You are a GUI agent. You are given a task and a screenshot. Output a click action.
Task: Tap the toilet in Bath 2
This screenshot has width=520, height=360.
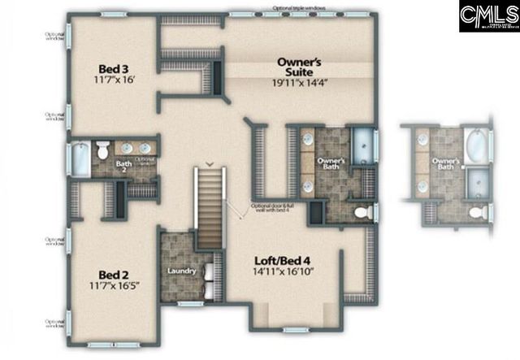[103, 151]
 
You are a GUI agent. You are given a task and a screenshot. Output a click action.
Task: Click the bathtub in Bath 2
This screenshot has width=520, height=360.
[81, 158]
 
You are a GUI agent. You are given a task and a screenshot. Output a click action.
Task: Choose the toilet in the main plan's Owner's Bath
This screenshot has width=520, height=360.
[363, 212]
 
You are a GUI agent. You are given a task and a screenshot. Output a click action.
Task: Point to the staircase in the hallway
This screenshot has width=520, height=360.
[209, 203]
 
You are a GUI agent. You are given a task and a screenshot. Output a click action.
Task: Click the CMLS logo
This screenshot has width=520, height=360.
[487, 17]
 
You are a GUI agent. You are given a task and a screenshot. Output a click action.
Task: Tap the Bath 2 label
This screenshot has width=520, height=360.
[124, 166]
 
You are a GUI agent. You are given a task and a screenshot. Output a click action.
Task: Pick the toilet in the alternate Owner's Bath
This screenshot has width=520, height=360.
[480, 213]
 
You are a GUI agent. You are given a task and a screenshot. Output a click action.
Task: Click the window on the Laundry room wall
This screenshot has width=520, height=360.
[190, 303]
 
